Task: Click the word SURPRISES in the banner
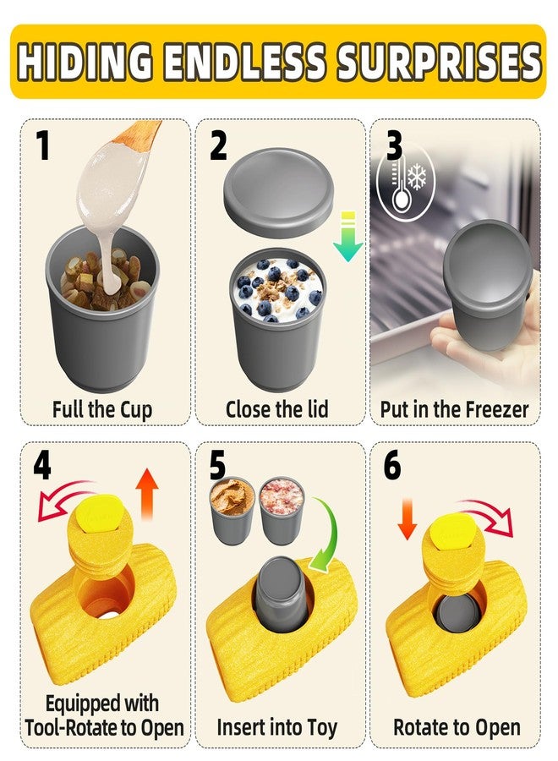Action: pos(439,62)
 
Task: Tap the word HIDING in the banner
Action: pos(84,62)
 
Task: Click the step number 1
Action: pos(43,145)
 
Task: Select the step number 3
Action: pos(394,145)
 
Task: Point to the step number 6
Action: pos(392,465)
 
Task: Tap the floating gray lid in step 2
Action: pos(278,192)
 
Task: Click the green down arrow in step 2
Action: pos(347,237)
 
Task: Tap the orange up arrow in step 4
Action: pos(146,494)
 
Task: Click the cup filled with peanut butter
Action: pos(232,510)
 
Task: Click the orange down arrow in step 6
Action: pos(408,518)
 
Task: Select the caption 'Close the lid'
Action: pos(277,409)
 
